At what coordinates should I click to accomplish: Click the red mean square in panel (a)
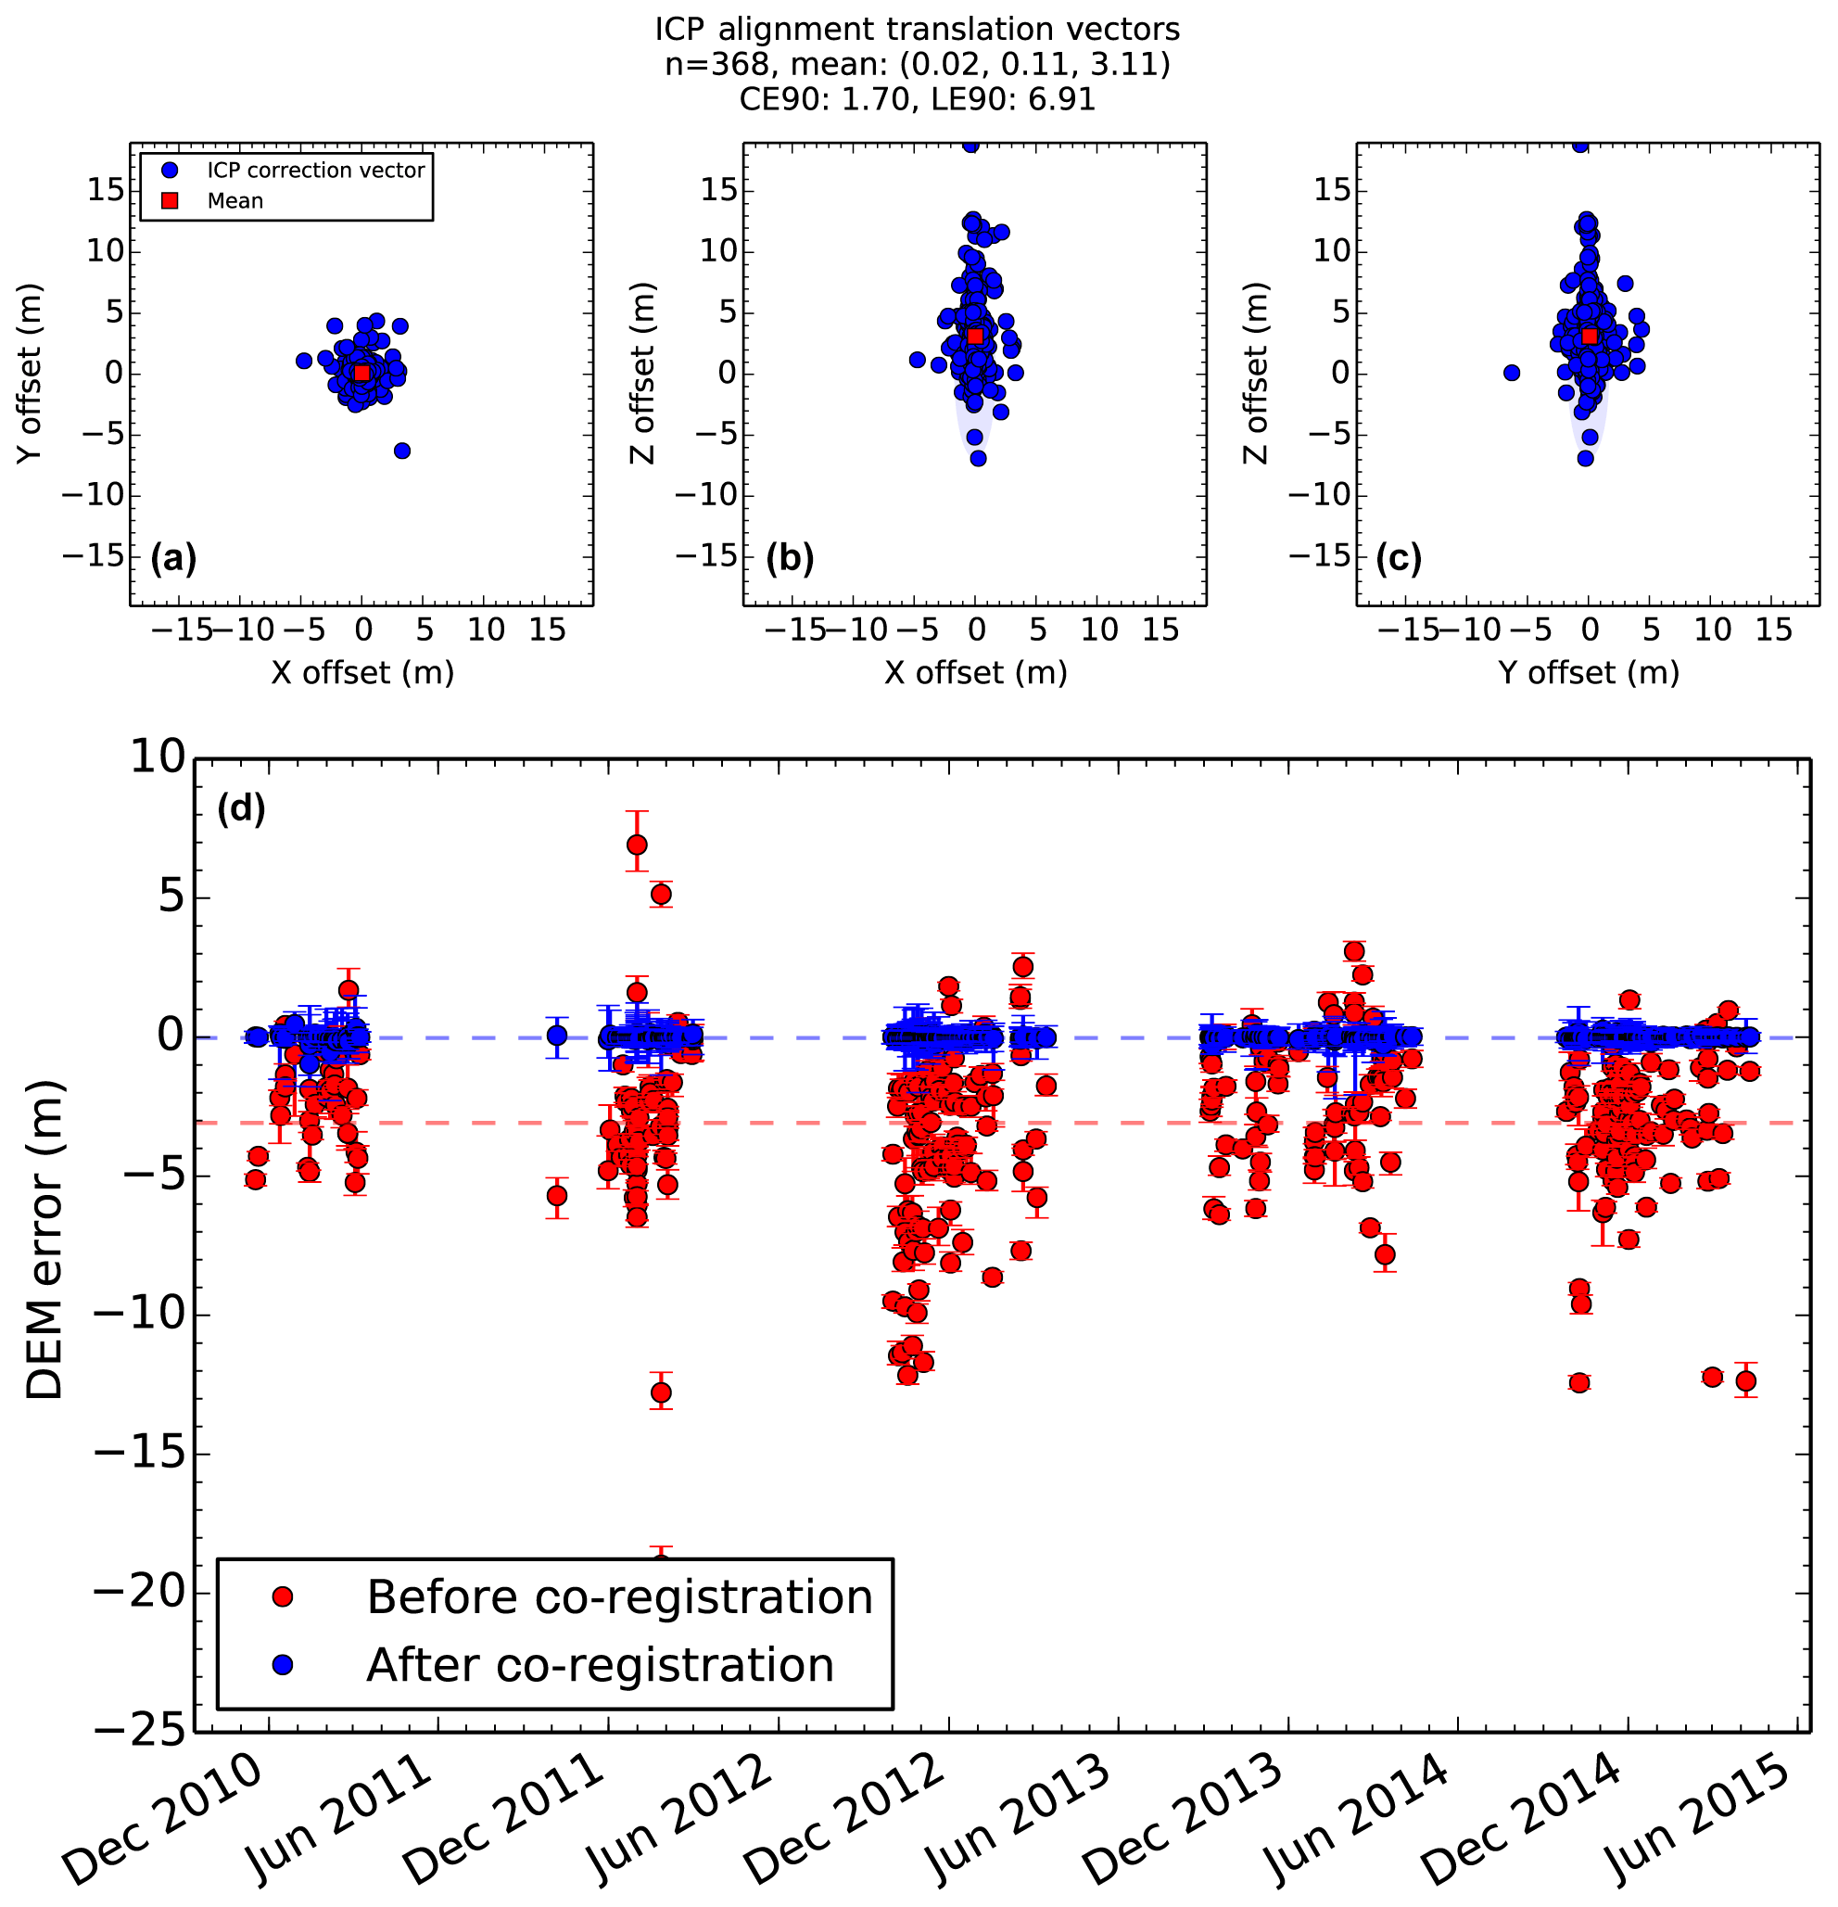pyautogui.click(x=362, y=373)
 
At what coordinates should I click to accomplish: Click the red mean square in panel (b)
pyautogui.click(x=975, y=336)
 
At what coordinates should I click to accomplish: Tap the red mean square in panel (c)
pyautogui.click(x=1590, y=336)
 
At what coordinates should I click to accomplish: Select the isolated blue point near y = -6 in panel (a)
pyautogui.click(x=402, y=451)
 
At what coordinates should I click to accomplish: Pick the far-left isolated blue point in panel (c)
pyautogui.click(x=1511, y=373)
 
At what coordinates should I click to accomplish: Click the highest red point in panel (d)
pyautogui.click(x=637, y=845)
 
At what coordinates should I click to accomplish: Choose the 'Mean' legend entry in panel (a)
pyautogui.click(x=235, y=201)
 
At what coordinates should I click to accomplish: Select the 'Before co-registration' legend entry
pyautogui.click(x=619, y=1597)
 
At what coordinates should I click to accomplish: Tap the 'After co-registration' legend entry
pyautogui.click(x=600, y=1666)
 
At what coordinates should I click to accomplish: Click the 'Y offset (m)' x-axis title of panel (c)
pyautogui.click(x=1588, y=672)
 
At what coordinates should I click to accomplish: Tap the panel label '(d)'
pyautogui.click(x=240, y=807)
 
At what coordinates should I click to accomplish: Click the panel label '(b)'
pyautogui.click(x=789, y=557)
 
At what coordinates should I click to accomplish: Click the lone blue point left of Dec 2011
pyautogui.click(x=556, y=1036)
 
